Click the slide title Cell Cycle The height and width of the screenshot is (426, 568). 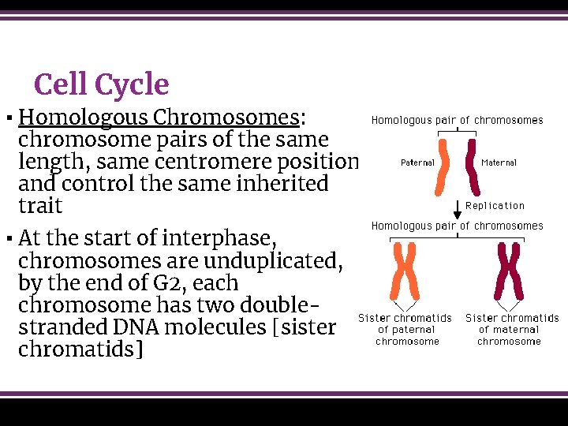click(x=101, y=84)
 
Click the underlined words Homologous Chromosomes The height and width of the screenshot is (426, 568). click(x=159, y=118)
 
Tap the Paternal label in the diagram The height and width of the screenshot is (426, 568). click(x=417, y=163)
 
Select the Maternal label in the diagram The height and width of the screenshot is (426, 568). click(x=499, y=163)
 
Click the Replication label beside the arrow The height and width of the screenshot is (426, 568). click(x=495, y=206)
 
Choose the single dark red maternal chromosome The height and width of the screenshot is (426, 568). click(x=472, y=166)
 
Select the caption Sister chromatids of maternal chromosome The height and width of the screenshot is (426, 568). click(x=511, y=330)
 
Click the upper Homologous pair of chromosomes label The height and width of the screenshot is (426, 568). click(x=457, y=121)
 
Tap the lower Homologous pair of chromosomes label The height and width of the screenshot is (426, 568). click(x=457, y=226)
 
